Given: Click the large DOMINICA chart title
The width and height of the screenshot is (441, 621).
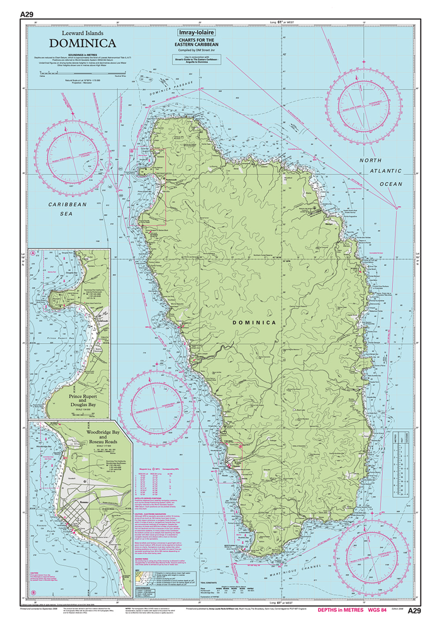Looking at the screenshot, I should [83, 43].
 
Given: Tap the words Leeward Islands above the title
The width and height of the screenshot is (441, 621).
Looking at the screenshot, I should [83, 33].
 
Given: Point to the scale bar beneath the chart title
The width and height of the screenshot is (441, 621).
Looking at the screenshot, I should [83, 74].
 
